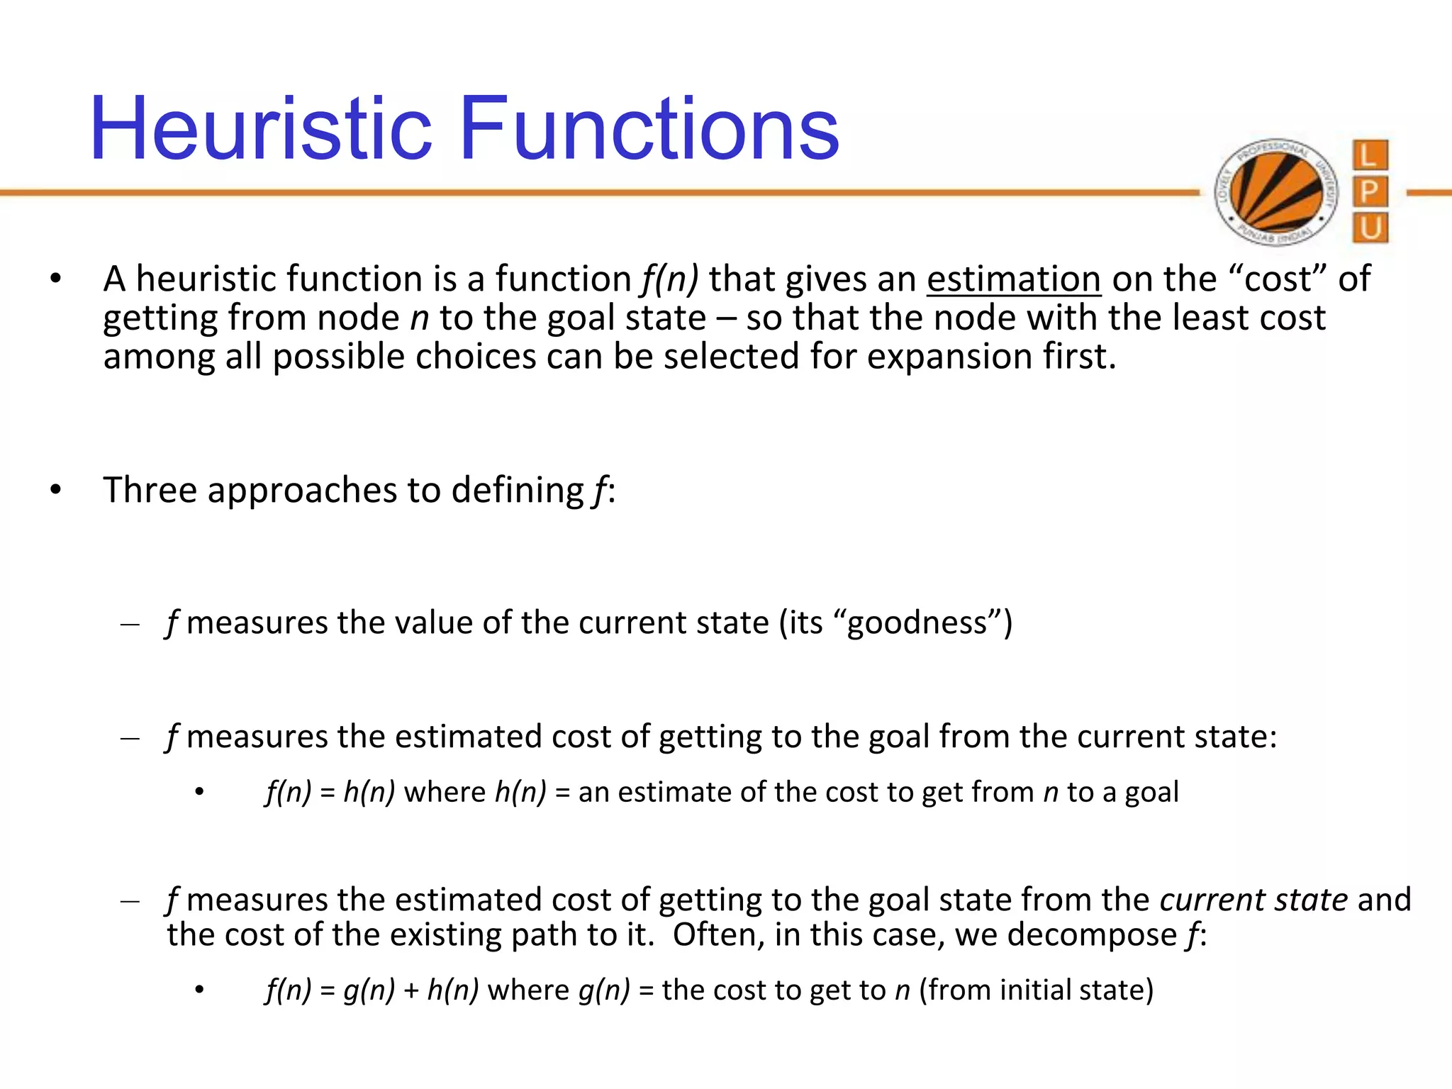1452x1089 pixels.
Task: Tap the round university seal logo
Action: point(1276,192)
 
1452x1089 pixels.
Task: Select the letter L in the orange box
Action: point(1370,155)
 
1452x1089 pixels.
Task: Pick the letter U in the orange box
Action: point(1370,228)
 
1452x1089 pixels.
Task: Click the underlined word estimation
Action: point(1014,279)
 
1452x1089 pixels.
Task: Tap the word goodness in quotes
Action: point(917,623)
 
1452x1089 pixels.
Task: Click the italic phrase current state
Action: point(1253,900)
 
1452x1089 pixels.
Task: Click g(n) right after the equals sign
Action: point(369,990)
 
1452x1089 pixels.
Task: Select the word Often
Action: point(718,935)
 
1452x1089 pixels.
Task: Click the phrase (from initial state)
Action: point(1036,990)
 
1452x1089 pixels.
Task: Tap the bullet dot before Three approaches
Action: point(56,490)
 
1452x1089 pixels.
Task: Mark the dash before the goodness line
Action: point(130,625)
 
